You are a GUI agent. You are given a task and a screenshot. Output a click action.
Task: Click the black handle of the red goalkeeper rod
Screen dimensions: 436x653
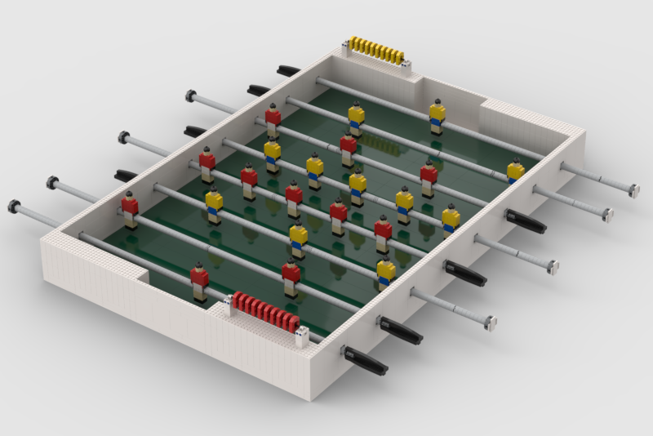coord(364,360)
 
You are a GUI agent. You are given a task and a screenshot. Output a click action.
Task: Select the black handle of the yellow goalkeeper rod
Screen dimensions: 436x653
coord(287,71)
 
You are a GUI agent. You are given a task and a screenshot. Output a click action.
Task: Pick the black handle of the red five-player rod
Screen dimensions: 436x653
coord(465,272)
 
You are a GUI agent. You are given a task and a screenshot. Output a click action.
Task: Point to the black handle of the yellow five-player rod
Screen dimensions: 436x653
coord(195,131)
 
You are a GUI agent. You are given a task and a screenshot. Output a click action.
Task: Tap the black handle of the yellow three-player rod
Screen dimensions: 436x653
coord(126,176)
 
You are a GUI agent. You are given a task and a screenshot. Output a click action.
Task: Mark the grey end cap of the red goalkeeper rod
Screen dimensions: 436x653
coord(14,203)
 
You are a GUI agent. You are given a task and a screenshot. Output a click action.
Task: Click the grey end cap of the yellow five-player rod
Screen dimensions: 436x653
coord(553,266)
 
